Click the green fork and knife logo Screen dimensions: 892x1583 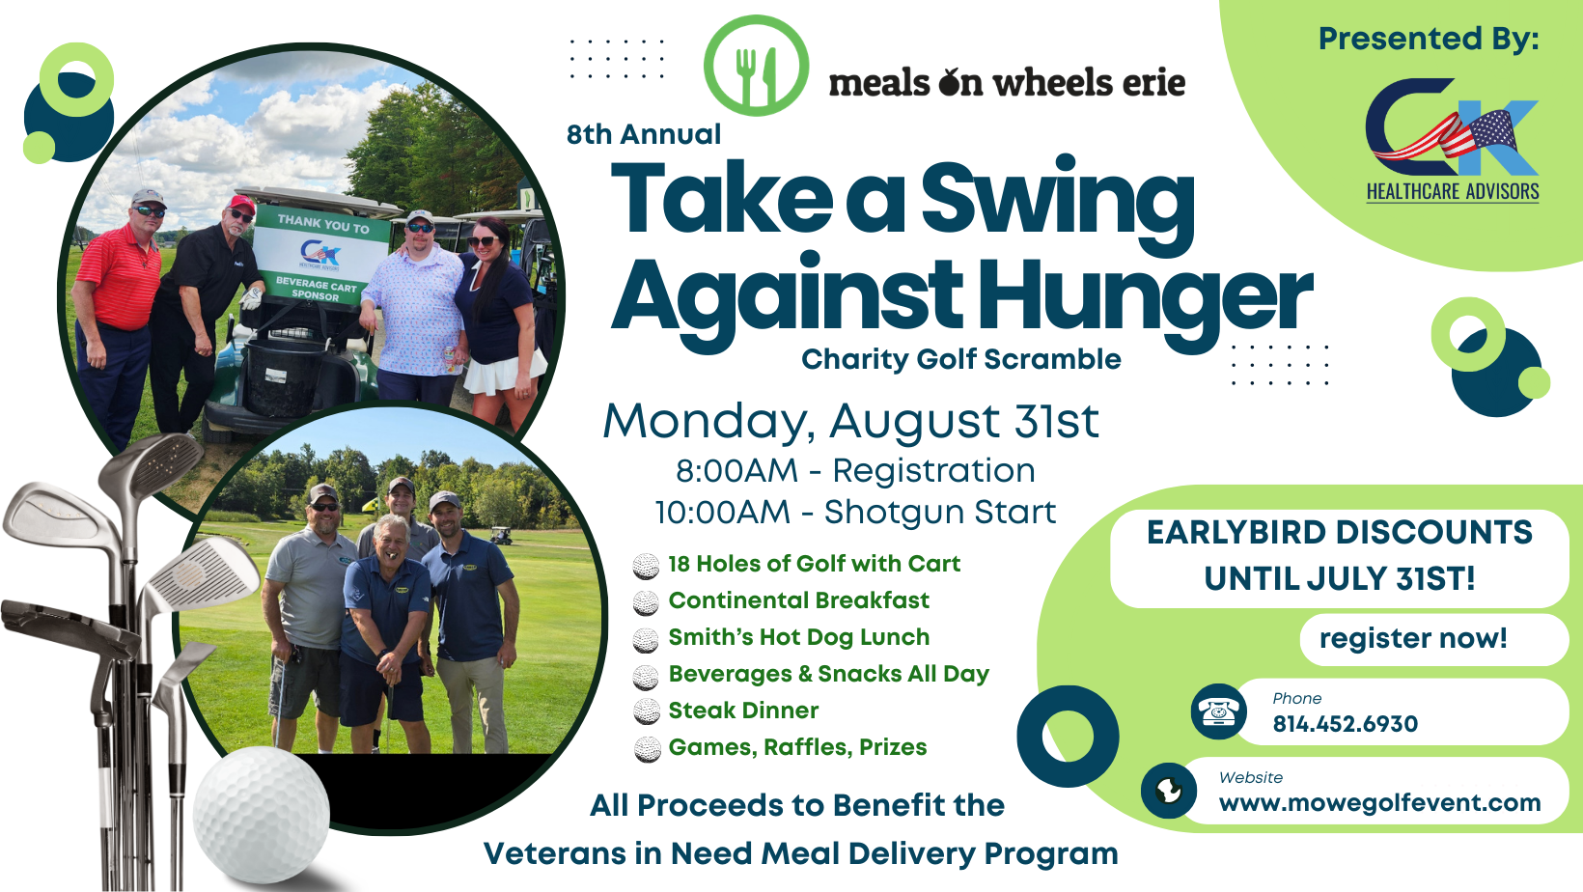[x=756, y=66]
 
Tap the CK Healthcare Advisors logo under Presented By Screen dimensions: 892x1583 [x=1452, y=140]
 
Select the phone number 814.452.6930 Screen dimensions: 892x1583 [x=1345, y=724]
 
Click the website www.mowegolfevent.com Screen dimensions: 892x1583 [x=1379, y=803]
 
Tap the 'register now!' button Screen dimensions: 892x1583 [x=1413, y=638]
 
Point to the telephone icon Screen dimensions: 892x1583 [x=1218, y=711]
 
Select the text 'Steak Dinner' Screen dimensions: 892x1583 [x=743, y=711]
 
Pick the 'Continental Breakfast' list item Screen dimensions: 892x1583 [x=798, y=600]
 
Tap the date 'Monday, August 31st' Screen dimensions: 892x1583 [x=850, y=422]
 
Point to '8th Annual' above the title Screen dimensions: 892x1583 [x=643, y=134]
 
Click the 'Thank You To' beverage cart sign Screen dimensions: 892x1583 [x=321, y=257]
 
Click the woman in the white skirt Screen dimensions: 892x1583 [x=499, y=319]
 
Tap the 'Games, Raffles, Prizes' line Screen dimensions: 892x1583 [x=797, y=747]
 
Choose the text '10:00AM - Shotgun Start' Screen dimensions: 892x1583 [x=855, y=513]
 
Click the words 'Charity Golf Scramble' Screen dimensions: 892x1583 [x=960, y=359]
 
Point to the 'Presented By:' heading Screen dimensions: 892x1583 [x=1429, y=39]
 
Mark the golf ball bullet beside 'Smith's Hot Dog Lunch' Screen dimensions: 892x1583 [x=646, y=639]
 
